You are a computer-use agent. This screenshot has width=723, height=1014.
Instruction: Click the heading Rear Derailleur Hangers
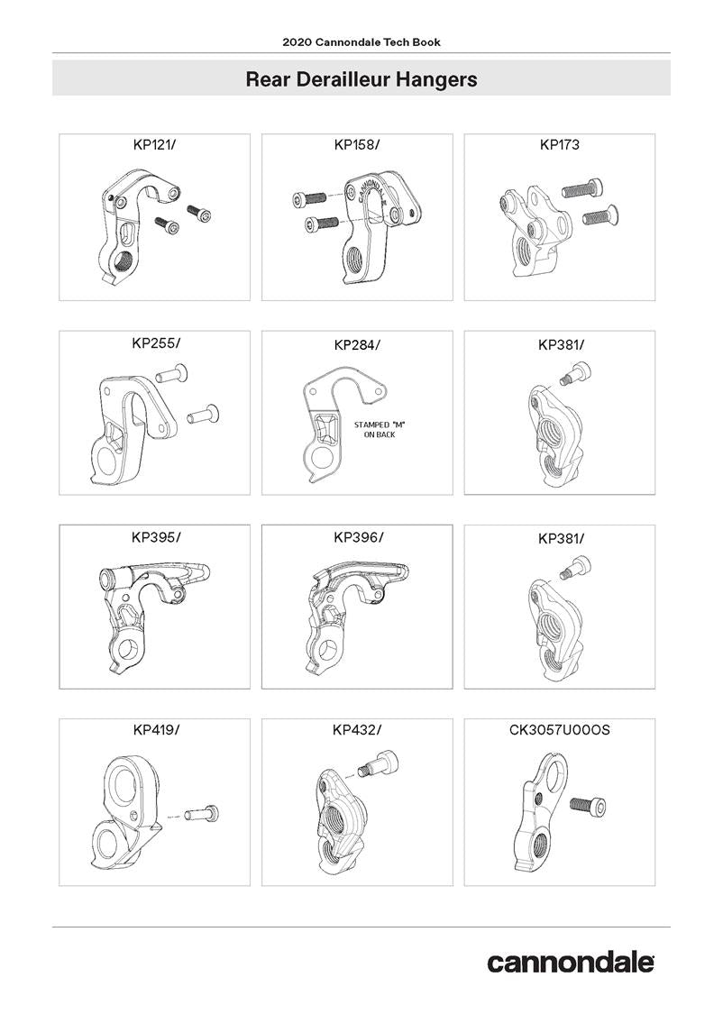click(x=361, y=79)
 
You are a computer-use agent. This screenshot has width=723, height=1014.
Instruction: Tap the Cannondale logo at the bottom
click(x=571, y=963)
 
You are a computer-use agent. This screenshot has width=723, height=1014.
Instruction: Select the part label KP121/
click(x=154, y=145)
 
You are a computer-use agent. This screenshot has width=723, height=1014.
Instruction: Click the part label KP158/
click(x=357, y=145)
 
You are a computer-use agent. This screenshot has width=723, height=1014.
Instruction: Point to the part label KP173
click(x=560, y=145)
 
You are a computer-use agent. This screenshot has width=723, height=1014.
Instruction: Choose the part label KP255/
click(x=156, y=343)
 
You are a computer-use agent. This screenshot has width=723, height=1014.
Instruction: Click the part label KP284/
click(x=357, y=345)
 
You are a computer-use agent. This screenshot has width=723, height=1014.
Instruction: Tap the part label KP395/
click(x=156, y=537)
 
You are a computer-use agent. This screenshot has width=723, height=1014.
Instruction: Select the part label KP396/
click(x=358, y=537)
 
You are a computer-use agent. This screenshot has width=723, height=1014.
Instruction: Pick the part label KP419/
click(x=156, y=730)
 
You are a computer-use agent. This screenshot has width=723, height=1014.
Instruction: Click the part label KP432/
click(x=357, y=730)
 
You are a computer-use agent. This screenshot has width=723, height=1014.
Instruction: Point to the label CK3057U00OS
click(x=560, y=730)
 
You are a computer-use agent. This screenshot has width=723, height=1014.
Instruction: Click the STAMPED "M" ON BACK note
click(x=380, y=429)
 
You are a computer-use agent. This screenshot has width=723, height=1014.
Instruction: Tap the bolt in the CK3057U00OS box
click(x=588, y=806)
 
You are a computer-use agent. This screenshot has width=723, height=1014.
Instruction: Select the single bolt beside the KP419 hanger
click(x=203, y=813)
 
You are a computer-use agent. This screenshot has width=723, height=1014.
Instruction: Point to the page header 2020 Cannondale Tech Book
click(x=361, y=42)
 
